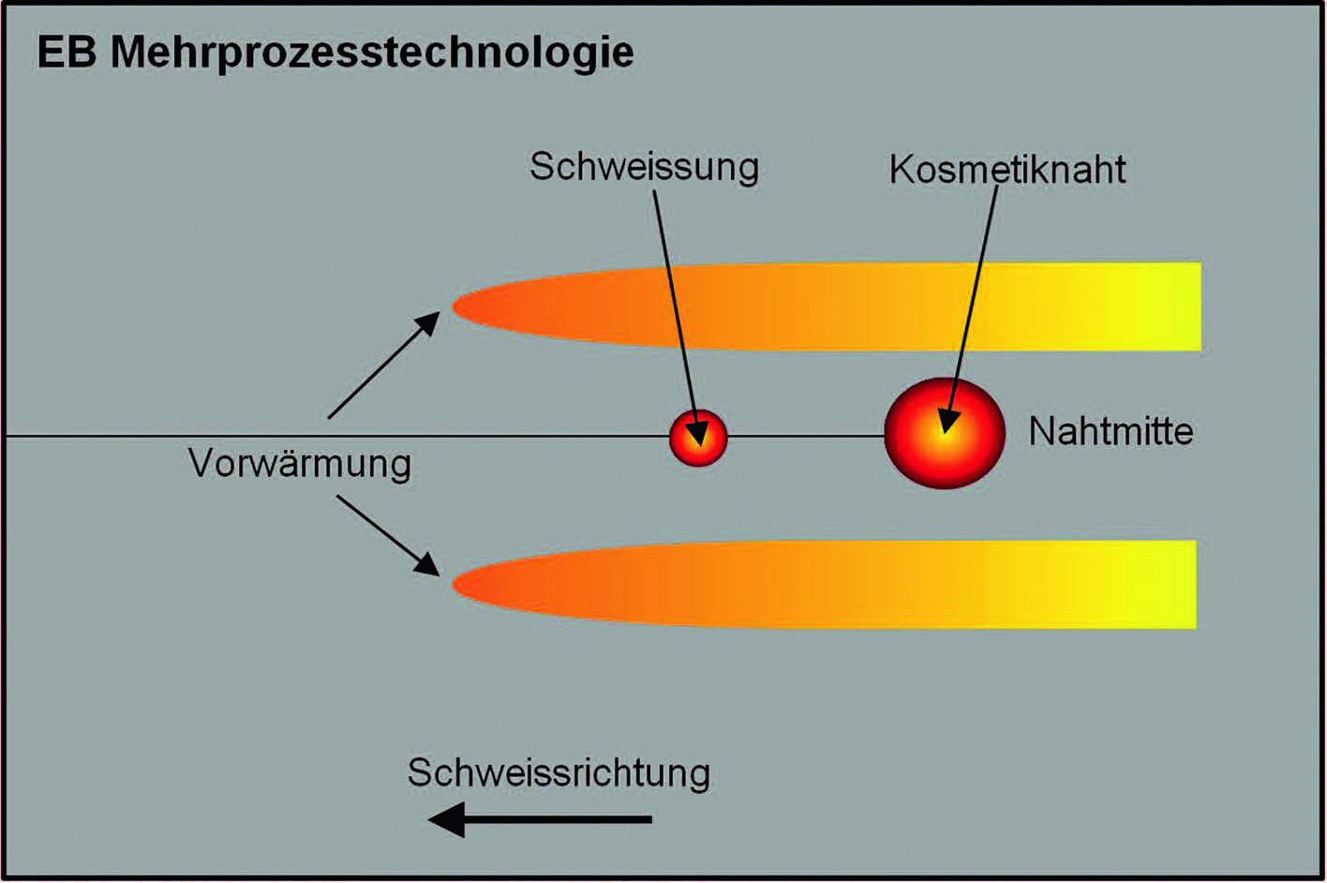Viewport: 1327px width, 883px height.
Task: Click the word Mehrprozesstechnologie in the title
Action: (373, 54)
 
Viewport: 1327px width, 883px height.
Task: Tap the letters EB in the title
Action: (67, 52)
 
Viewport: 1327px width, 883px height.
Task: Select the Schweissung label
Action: (644, 168)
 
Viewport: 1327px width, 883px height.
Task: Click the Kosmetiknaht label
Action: (1007, 170)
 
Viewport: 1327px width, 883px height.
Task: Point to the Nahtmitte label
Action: (1111, 431)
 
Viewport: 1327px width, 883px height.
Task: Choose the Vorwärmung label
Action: (300, 463)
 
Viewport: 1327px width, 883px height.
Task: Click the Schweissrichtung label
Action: (559, 773)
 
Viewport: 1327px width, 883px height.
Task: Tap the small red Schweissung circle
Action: (698, 438)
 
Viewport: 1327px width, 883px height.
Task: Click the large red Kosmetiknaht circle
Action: (945, 433)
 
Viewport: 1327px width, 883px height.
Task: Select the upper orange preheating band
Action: (827, 307)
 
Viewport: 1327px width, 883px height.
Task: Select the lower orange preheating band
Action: (824, 584)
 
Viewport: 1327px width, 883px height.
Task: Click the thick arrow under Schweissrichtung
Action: (540, 819)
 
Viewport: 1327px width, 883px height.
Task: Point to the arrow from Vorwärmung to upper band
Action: (384, 365)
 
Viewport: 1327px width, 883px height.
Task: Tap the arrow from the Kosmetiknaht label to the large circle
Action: (971, 308)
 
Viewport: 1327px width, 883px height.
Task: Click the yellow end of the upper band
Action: (1161, 307)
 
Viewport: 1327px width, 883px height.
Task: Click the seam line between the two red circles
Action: (806, 437)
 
